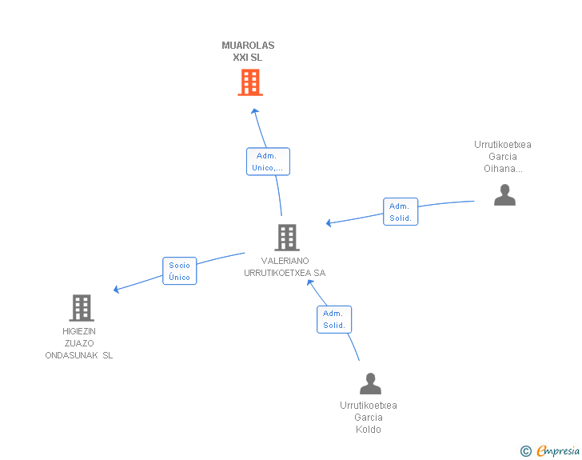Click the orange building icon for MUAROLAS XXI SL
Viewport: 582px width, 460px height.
coord(250,82)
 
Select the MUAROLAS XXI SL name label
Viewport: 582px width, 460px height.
coord(248,51)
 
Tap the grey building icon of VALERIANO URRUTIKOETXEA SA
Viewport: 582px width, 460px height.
coord(287,238)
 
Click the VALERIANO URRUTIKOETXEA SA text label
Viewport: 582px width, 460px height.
coord(285,267)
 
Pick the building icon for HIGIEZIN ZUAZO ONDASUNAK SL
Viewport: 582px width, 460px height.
coord(81,308)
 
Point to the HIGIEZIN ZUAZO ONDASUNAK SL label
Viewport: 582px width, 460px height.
coord(79,343)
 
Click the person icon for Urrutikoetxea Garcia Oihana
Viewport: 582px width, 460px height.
coord(504,195)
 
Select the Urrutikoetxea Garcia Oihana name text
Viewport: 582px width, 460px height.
coord(503,157)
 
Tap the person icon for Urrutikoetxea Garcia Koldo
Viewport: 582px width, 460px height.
coord(370,384)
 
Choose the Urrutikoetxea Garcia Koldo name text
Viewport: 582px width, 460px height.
coord(369,418)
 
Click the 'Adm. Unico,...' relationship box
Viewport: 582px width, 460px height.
coord(268,162)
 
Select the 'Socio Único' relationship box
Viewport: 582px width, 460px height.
coord(180,271)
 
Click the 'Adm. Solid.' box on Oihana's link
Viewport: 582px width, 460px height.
coord(401,212)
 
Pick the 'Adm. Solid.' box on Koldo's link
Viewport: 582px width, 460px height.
coord(334,319)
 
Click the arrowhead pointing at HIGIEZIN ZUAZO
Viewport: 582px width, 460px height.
coord(117,289)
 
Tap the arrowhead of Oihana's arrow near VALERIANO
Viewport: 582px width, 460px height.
coord(329,222)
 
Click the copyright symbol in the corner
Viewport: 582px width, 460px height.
coord(525,451)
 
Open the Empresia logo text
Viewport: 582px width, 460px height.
coord(558,450)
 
